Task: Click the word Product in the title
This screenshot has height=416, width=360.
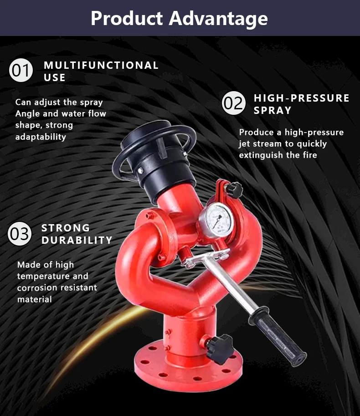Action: click(x=126, y=19)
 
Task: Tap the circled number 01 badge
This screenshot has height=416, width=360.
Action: click(x=21, y=71)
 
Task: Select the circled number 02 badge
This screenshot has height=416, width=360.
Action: click(x=234, y=103)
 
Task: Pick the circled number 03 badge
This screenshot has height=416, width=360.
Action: click(x=20, y=234)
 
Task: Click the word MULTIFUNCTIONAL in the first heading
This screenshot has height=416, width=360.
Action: click(x=101, y=65)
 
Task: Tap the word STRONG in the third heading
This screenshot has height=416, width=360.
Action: click(x=66, y=228)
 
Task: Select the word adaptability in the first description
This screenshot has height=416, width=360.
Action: click(x=41, y=137)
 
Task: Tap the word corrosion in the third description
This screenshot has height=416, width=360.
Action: click(x=36, y=288)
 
